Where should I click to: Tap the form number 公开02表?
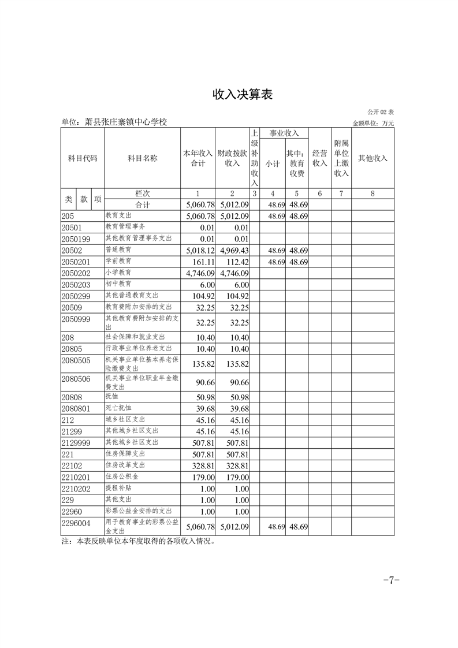pos(380,111)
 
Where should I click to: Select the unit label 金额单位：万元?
pos(373,123)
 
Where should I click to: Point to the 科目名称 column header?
pos(142,158)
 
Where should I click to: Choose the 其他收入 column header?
pos(373,158)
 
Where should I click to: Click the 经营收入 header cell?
pos(319,158)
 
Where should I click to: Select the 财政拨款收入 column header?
pos(232,158)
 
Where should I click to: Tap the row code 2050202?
pos(76,273)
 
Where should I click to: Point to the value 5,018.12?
pos(199,250)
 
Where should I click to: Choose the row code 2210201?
pos(76,477)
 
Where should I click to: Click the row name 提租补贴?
pos(118,488)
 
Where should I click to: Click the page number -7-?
pos(391,580)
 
